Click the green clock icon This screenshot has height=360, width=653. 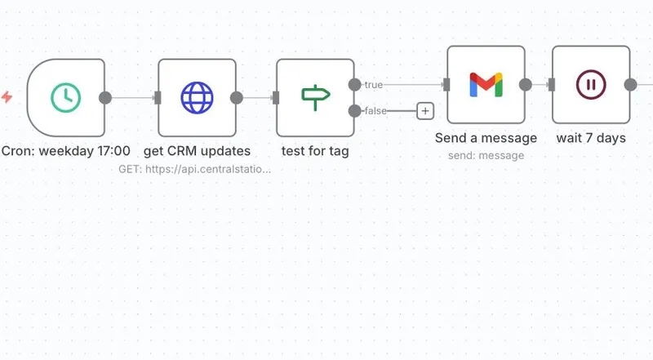coord(66,98)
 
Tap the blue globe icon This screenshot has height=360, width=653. coord(197,98)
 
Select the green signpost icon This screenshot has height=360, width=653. coord(315,98)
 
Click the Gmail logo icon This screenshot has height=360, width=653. coord(486,84)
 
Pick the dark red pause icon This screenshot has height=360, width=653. coord(591,84)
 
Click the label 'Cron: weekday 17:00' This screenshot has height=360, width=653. coord(66,151)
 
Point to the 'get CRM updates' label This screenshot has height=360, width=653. coord(197,151)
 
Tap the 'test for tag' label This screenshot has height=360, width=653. coord(315,151)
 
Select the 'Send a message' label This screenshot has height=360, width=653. coord(486,138)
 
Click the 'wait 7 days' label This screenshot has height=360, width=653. coord(591,138)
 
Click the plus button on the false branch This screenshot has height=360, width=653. coord(424,111)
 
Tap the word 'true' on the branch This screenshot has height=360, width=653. coord(373,85)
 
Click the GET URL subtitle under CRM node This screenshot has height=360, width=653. coord(195,169)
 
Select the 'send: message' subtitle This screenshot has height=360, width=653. coord(486,155)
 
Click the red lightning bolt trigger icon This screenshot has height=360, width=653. coord(7,98)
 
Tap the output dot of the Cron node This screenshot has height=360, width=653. coord(105,98)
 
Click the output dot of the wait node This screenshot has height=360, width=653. coord(630,84)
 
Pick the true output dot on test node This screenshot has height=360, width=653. coord(354,84)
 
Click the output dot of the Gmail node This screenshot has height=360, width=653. coord(526,84)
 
